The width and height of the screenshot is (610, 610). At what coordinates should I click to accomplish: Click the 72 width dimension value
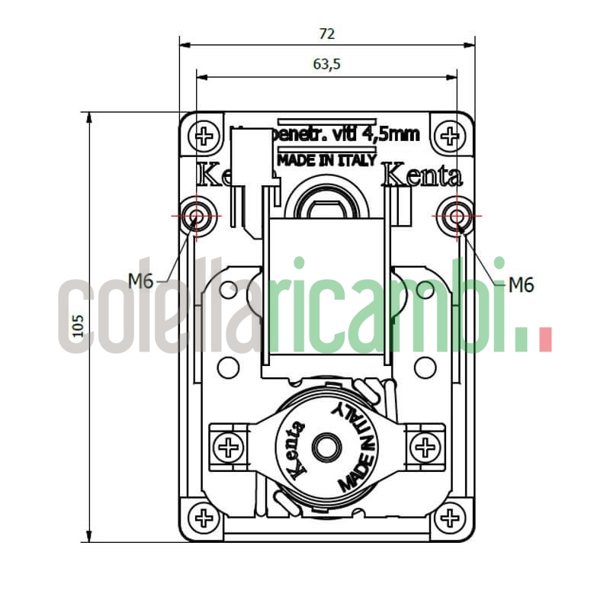pyautogui.click(x=326, y=34)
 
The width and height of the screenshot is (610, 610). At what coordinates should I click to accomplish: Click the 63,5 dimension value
pyautogui.click(x=326, y=65)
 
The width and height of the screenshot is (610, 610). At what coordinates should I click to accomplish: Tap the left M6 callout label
pyautogui.click(x=141, y=281)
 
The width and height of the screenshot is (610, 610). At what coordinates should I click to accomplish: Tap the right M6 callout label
pyautogui.click(x=521, y=285)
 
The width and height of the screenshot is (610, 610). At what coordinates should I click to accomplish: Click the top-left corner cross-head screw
pyautogui.click(x=204, y=137)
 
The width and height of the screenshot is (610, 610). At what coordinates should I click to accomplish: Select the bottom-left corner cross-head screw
pyautogui.click(x=204, y=518)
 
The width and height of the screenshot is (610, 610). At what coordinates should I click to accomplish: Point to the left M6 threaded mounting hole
pyautogui.click(x=197, y=216)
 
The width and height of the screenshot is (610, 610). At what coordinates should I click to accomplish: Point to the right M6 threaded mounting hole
pyautogui.click(x=457, y=216)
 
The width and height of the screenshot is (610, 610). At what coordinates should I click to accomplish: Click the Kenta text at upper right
pyautogui.click(x=422, y=176)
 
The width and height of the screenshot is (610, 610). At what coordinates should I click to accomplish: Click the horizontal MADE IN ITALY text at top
pyautogui.click(x=326, y=160)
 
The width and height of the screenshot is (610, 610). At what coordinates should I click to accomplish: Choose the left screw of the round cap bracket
pyautogui.click(x=228, y=447)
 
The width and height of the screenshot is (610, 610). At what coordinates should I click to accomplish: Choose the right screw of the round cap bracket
pyautogui.click(x=425, y=447)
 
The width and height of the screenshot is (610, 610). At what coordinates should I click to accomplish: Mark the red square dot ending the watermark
pyautogui.click(x=544, y=340)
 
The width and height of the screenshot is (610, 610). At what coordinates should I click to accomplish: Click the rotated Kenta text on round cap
pyautogui.click(x=295, y=450)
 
